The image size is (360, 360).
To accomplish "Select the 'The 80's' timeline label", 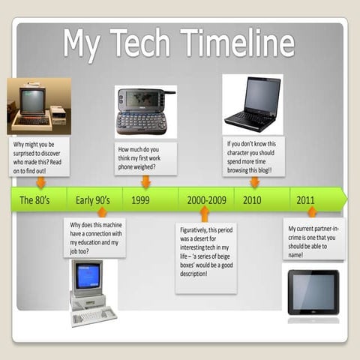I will [x=36, y=200].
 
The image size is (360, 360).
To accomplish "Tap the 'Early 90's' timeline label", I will [x=93, y=200].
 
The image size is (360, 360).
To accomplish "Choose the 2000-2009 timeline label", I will [x=206, y=200].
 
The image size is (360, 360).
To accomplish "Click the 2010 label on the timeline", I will [x=252, y=200].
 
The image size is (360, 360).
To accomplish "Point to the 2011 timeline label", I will [x=305, y=200].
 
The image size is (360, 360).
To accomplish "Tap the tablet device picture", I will [x=313, y=292].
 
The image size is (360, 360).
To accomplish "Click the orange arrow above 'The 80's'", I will [x=40, y=182].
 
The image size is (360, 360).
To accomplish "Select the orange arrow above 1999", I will [x=145, y=181].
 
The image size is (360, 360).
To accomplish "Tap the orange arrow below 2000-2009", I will [x=205, y=214].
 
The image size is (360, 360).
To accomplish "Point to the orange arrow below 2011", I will [x=312, y=212].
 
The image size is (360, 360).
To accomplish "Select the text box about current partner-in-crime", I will [x=313, y=238].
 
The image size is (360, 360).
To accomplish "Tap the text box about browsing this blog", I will [x=255, y=156].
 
